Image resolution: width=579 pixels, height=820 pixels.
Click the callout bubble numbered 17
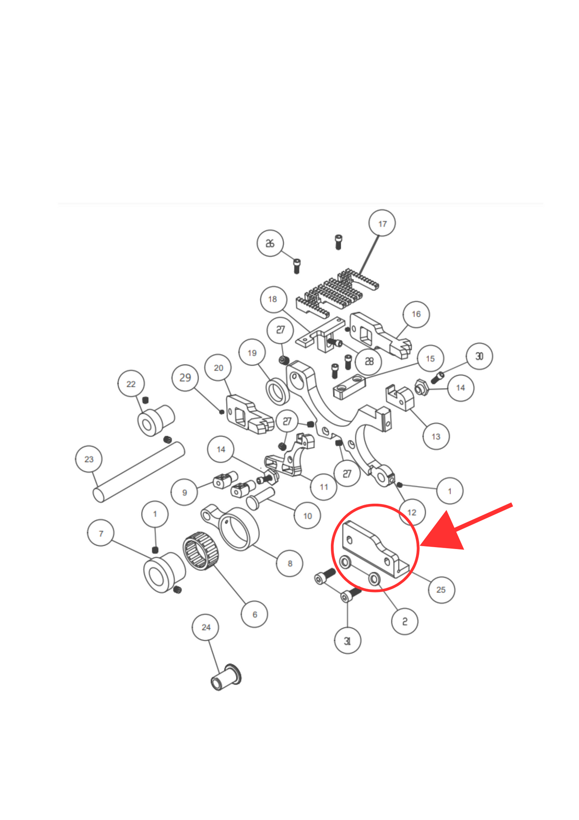pyautogui.click(x=382, y=223)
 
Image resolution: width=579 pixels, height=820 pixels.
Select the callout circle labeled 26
pyautogui.click(x=270, y=243)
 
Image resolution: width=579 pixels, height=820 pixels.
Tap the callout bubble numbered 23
pyautogui.click(x=89, y=459)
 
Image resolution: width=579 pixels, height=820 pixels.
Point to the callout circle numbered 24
pyautogui.click(x=206, y=627)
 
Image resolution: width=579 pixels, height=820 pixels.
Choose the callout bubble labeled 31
pyautogui.click(x=347, y=641)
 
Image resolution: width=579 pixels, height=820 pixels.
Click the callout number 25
pyautogui.click(x=441, y=590)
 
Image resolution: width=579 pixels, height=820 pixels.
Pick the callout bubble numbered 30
pyautogui.click(x=479, y=356)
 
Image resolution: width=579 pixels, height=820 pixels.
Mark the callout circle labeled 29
pyautogui.click(x=185, y=378)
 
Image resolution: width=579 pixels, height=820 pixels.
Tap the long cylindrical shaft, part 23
pyautogui.click(x=138, y=472)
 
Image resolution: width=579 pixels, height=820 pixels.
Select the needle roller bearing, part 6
pyautogui.click(x=200, y=551)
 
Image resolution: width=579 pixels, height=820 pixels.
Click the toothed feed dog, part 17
pyautogui.click(x=337, y=294)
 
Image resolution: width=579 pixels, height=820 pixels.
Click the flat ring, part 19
pyautogui.click(x=277, y=391)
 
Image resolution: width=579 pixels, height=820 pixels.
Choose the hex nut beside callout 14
pyautogui.click(x=421, y=388)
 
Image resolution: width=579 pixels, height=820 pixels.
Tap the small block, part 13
pyautogui.click(x=400, y=398)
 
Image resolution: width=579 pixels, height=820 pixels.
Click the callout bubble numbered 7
pyautogui.click(x=100, y=533)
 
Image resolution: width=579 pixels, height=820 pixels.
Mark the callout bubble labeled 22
pyautogui.click(x=131, y=383)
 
